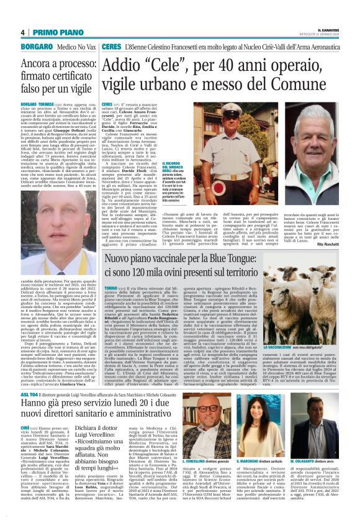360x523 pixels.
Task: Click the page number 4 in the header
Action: click(22, 32)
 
